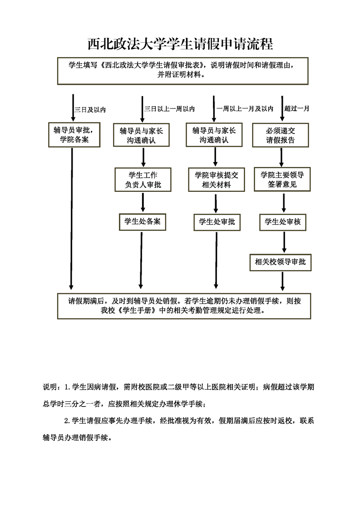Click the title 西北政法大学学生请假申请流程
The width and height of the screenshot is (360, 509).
pyautogui.click(x=180, y=44)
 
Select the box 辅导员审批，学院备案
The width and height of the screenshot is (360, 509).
pyautogui.click(x=74, y=135)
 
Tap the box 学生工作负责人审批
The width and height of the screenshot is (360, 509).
pyautogui.click(x=143, y=180)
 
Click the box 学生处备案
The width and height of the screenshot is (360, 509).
pyautogui.click(x=142, y=222)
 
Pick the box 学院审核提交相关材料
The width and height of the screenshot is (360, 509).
pyautogui.click(x=217, y=180)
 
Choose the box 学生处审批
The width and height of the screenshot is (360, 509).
pyautogui.click(x=217, y=222)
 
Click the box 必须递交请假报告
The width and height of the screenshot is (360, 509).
pyautogui.click(x=281, y=135)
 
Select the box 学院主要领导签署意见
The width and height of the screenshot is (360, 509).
pyautogui.click(x=282, y=179)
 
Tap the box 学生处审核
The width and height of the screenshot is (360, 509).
pyautogui.click(x=283, y=222)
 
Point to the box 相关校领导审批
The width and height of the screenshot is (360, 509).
pyautogui.click(x=281, y=262)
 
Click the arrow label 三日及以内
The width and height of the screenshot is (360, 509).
pyautogui.click(x=90, y=110)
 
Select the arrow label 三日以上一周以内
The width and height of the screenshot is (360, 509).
pyautogui.click(x=170, y=109)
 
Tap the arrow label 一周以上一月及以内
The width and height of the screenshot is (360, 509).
pyautogui.click(x=245, y=109)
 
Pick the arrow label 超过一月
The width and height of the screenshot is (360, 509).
pyautogui.click(x=296, y=108)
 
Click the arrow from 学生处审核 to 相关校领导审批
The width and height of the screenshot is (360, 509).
pyautogui.click(x=284, y=242)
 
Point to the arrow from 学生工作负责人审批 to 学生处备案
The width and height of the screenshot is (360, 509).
pyautogui.click(x=143, y=203)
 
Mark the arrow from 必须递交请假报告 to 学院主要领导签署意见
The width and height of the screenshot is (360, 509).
pyautogui.click(x=282, y=157)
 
